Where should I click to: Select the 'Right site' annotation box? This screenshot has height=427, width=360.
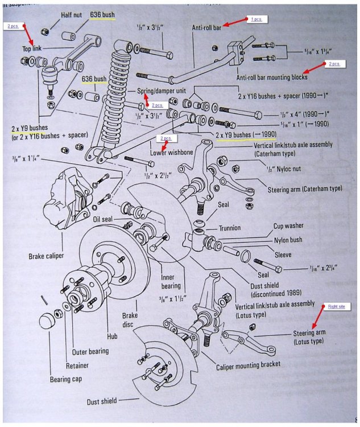[x=336, y=307]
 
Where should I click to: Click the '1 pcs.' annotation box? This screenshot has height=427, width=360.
[x=256, y=19]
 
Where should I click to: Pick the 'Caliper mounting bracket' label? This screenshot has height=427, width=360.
[x=248, y=365]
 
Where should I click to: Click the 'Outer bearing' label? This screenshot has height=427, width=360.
[x=90, y=351]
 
